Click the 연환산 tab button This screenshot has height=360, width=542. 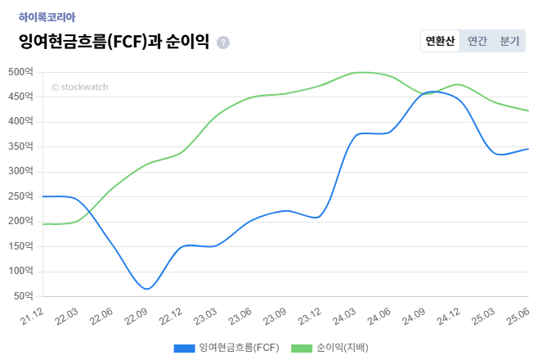pos(440,41)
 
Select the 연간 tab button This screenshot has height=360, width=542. pos(477,41)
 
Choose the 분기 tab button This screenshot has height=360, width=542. pos(509,41)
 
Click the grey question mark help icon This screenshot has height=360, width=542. pos(223,43)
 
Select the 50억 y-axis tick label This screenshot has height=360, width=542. pos(23,295)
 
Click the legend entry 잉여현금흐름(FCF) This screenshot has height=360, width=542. pos(226,348)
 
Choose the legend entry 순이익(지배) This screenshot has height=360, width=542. pos(333,348)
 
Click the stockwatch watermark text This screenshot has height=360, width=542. pos(79,87)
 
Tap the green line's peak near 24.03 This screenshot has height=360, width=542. pos(356,72)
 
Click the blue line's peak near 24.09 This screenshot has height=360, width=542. pos(432,92)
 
